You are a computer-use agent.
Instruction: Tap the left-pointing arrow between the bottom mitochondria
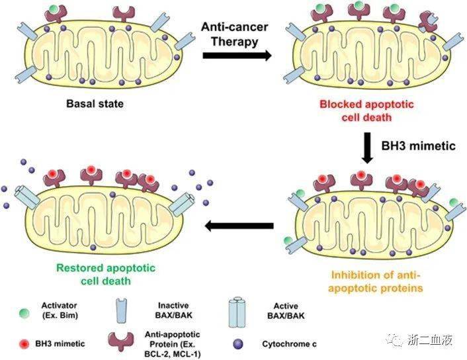tap(238, 227)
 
